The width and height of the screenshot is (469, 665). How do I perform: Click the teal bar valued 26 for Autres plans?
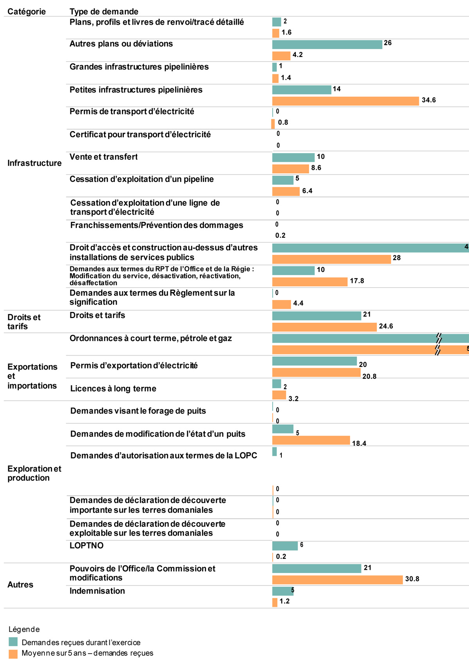click(x=327, y=44)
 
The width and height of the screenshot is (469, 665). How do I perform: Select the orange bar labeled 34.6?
click(x=345, y=101)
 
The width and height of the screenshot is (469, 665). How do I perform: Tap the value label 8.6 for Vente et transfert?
click(x=316, y=168)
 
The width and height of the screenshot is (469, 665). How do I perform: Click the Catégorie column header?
click(x=27, y=12)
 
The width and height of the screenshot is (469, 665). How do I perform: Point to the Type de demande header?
click(x=104, y=12)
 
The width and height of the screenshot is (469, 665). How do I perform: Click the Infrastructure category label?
click(x=34, y=163)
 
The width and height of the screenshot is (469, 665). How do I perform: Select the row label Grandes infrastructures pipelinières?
click(x=139, y=67)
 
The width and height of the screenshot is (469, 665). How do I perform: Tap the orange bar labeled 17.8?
click(x=310, y=282)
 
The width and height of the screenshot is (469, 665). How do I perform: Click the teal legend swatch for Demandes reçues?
click(x=13, y=642)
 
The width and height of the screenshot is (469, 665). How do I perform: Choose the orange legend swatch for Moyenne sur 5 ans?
click(x=13, y=654)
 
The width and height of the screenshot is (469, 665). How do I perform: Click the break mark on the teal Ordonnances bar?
click(x=439, y=338)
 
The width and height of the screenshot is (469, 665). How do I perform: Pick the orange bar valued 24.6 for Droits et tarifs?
click(x=324, y=327)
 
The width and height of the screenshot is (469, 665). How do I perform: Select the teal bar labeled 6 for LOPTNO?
click(x=285, y=546)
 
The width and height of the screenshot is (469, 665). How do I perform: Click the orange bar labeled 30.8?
click(x=337, y=580)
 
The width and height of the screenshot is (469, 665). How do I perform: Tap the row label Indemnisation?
click(x=97, y=591)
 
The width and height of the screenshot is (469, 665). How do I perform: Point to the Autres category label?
click(x=20, y=585)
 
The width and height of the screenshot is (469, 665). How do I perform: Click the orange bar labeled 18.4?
click(x=311, y=440)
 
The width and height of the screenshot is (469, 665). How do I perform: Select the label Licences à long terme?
click(x=113, y=389)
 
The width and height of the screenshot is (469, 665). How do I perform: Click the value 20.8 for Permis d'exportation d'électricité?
click(x=369, y=377)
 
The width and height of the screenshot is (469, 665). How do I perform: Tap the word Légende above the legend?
click(x=24, y=629)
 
